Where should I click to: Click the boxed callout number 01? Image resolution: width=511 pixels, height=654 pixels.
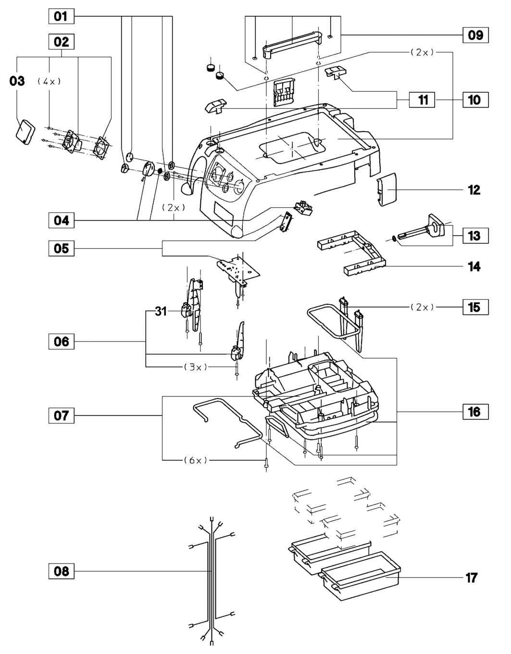coord(61,16)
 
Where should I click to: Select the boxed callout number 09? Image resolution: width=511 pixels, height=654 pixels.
coord(475,35)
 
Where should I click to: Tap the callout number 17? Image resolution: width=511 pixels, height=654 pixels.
coord(472,578)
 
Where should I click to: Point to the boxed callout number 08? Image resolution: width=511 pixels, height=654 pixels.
coord(61,571)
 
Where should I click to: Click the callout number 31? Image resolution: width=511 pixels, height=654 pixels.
coord(161,312)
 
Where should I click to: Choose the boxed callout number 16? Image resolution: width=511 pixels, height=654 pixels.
coord(474,412)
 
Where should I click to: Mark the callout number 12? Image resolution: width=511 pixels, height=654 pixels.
coord(474,190)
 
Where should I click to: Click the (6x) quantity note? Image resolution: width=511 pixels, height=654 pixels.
coord(196,460)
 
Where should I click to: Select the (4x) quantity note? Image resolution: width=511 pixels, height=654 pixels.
coord(49,82)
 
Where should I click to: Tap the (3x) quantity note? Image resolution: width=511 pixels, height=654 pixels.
coord(196,367)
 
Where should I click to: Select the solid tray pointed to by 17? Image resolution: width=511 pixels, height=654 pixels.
coord(361,575)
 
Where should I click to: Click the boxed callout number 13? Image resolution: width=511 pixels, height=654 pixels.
coord(474,236)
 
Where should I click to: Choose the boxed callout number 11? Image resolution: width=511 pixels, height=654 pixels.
coord(423,100)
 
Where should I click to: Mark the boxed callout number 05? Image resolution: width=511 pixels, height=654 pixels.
coord(61,249)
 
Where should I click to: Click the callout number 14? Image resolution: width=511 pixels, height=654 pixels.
coord(474,266)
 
